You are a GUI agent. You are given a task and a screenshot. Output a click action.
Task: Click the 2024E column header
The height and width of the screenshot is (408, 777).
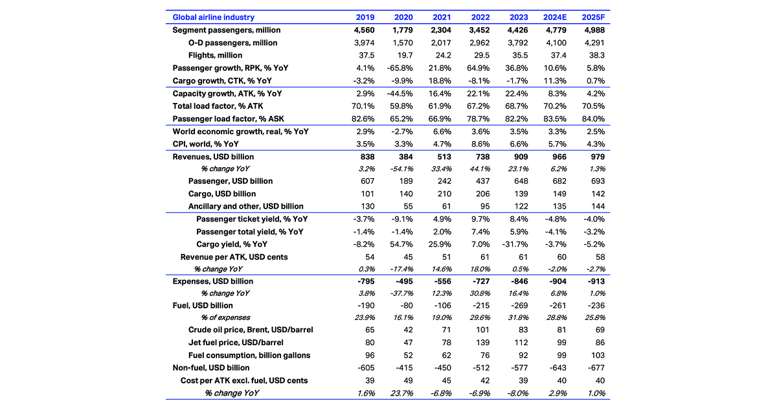click(556, 17)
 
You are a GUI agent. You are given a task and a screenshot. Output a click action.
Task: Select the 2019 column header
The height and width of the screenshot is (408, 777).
click(366, 17)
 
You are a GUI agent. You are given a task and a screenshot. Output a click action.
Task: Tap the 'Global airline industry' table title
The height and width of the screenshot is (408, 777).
click(213, 17)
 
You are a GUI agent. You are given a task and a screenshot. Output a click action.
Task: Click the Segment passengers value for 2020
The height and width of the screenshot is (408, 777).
click(405, 30)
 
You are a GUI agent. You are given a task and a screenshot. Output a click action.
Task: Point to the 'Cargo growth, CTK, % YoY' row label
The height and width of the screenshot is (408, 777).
click(222, 81)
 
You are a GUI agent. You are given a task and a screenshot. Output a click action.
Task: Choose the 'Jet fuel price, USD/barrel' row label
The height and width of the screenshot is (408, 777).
click(236, 343)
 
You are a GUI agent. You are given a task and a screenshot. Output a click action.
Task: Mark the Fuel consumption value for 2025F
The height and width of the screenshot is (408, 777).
click(598, 355)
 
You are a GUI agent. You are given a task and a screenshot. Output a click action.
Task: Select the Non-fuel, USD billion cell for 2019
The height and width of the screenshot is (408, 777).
click(367, 368)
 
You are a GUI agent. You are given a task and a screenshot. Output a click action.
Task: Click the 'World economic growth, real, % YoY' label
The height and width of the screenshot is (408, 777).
click(240, 131)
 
